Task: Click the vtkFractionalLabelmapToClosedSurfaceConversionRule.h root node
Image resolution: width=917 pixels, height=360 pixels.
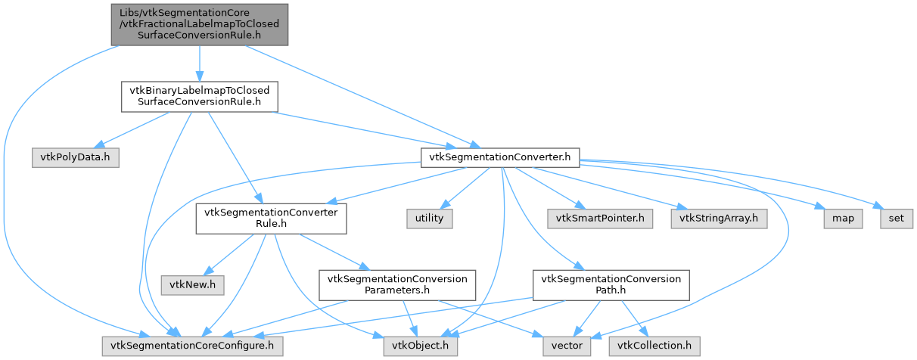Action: tap(200, 24)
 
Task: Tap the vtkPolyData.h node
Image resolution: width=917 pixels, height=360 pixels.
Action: tap(75, 157)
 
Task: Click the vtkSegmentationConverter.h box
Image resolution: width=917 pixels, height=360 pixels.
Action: tap(500, 157)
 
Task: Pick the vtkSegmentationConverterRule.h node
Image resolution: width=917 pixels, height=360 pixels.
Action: tap(271, 219)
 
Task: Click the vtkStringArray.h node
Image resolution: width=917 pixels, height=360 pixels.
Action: tap(719, 219)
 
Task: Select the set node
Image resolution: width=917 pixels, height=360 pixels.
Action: tap(895, 219)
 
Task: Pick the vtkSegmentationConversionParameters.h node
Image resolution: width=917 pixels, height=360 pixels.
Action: tap(397, 284)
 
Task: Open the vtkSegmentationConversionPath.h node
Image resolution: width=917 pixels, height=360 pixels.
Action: tap(611, 284)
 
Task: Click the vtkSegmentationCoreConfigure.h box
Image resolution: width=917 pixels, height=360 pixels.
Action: tap(192, 346)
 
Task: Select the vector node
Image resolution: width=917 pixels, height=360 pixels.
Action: tap(566, 346)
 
